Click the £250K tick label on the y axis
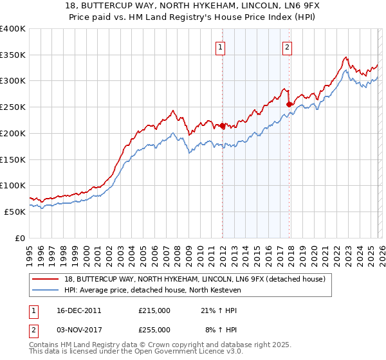[x=13, y=107]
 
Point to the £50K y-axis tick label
[x=15, y=212]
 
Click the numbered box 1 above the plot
[x=221, y=46]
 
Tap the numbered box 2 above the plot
[x=287, y=46]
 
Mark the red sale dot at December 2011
[x=223, y=126]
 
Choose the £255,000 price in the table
[x=154, y=329]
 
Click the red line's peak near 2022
[x=345, y=57]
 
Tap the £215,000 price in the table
[x=154, y=310]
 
